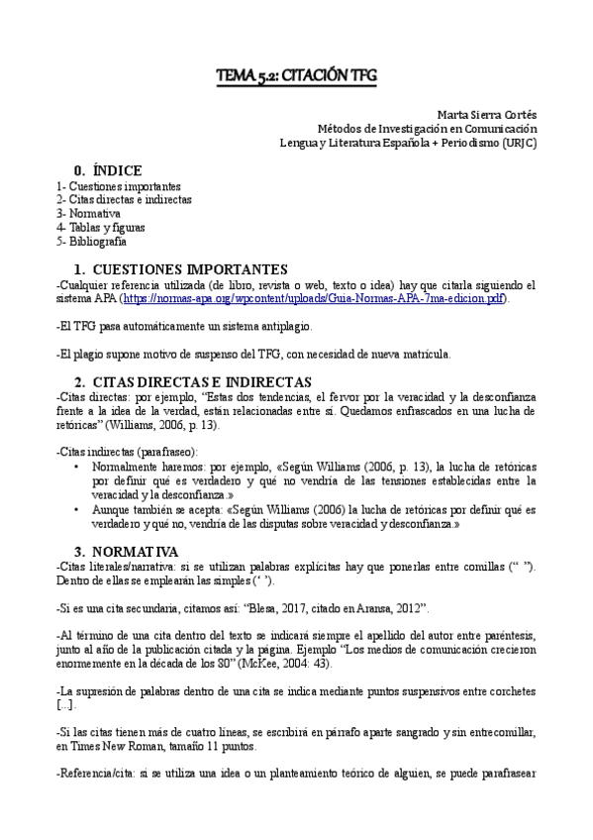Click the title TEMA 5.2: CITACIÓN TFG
296,75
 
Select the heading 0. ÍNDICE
108,170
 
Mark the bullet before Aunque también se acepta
77,509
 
